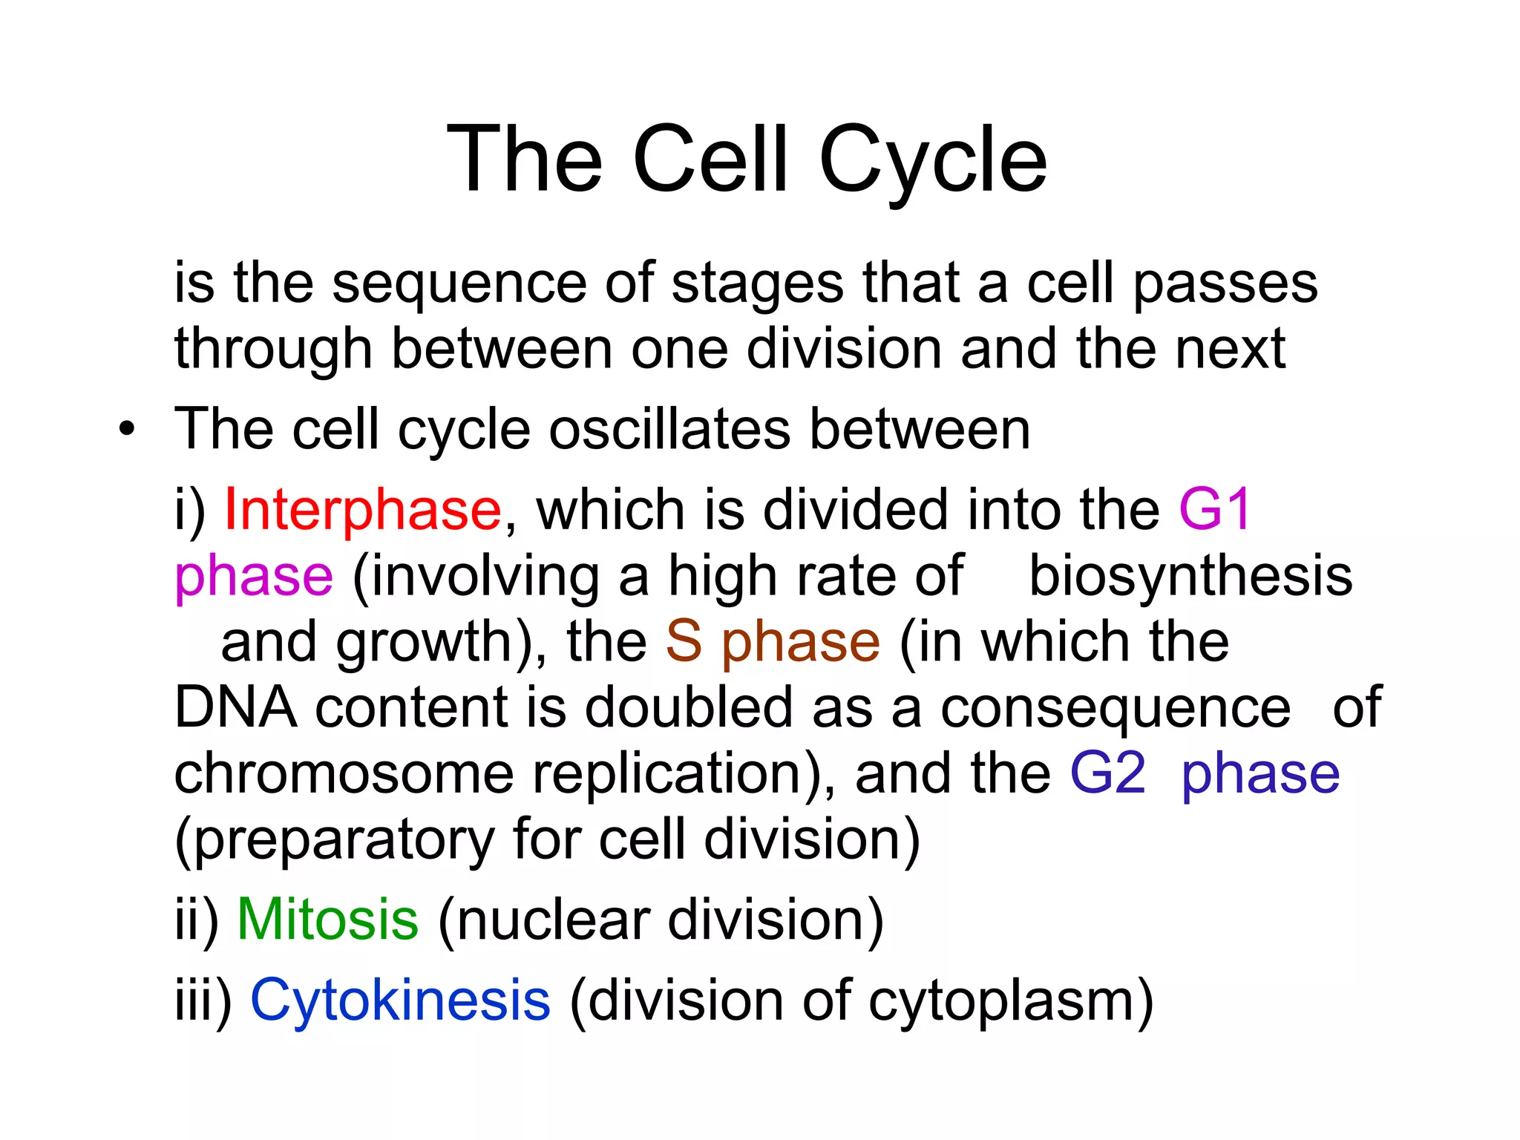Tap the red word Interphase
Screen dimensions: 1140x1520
(x=363, y=510)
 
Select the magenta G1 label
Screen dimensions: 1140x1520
(x=1215, y=510)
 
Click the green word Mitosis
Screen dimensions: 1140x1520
(x=327, y=920)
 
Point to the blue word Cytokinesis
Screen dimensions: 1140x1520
(x=400, y=1000)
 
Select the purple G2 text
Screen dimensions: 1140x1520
(x=1107, y=773)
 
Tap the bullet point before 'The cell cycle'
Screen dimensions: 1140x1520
(x=127, y=430)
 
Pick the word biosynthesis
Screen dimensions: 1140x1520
(x=1190, y=576)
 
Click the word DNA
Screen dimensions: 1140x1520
(x=235, y=707)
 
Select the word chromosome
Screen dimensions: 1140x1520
(x=344, y=773)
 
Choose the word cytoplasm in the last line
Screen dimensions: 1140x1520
(x=1009, y=1000)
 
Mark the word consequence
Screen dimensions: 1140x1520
(x=1116, y=707)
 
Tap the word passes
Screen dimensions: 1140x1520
(x=1225, y=284)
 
